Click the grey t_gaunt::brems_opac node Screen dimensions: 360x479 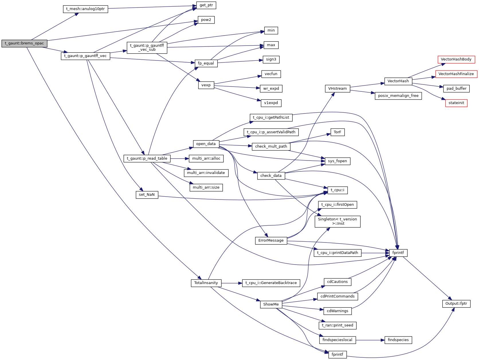click(x=24, y=44)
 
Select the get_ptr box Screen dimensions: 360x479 click(x=206, y=5)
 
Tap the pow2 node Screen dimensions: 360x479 click(x=206, y=20)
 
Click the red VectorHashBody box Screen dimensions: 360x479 click(x=456, y=59)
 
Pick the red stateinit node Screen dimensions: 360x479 click(x=456, y=103)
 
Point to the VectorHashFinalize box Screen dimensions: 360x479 click(x=456, y=74)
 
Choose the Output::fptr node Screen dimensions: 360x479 click(x=456, y=304)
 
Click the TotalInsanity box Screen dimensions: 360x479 click(x=206, y=283)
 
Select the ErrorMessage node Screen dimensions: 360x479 click(x=271, y=240)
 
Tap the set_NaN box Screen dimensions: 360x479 click(x=147, y=195)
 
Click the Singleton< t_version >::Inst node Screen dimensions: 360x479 click(x=337, y=222)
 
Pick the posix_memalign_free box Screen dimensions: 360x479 click(x=398, y=96)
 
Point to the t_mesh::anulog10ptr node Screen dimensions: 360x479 click(x=85, y=9)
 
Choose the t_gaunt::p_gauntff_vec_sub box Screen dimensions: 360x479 click(x=147, y=48)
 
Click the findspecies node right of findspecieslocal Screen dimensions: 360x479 click(x=398, y=340)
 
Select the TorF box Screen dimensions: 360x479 click(x=337, y=132)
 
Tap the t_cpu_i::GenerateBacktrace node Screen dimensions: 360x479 click(x=271, y=283)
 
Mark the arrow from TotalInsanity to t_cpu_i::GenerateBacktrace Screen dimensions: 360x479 click(x=232, y=283)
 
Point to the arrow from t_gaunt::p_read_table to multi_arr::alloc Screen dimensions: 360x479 click(x=180, y=159)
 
